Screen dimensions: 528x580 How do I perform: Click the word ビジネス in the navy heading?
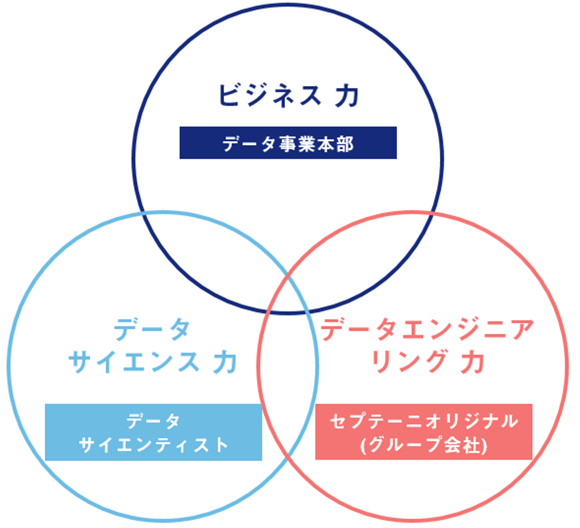[x=269, y=95]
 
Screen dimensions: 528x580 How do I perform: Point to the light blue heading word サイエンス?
[x=134, y=362]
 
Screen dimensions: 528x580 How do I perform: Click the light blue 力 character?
[x=224, y=362]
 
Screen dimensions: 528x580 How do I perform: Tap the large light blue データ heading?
[x=152, y=330]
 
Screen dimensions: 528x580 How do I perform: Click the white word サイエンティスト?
[x=153, y=445]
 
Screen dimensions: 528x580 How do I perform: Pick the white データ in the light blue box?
[x=153, y=421]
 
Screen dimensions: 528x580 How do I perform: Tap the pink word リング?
[x=408, y=362]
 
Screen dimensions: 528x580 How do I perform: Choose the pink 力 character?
[x=472, y=362]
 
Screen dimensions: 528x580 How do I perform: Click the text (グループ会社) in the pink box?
[x=424, y=445]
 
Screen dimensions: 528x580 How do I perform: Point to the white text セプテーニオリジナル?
[x=424, y=421]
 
